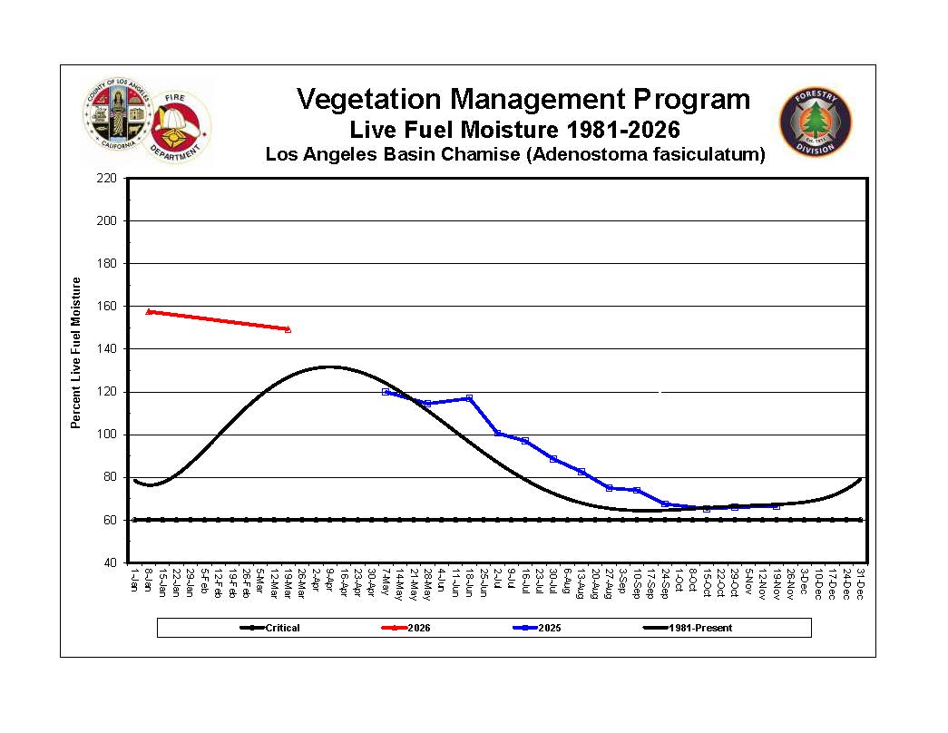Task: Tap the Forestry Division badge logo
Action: pos(816,124)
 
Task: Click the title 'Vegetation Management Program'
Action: pos(523,99)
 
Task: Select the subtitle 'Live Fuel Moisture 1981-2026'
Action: pos(514,130)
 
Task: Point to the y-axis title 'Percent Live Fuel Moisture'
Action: pos(76,353)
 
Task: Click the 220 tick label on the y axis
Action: pos(108,178)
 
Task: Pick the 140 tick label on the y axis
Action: pos(108,349)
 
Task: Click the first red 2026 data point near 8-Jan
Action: pos(149,311)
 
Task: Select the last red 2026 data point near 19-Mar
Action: pos(288,329)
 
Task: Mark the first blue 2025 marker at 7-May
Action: pos(386,392)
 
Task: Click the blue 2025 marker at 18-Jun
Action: pos(469,398)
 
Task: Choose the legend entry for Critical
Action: pos(271,628)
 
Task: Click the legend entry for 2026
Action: pos(407,628)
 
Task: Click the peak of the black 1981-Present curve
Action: pos(328,366)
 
